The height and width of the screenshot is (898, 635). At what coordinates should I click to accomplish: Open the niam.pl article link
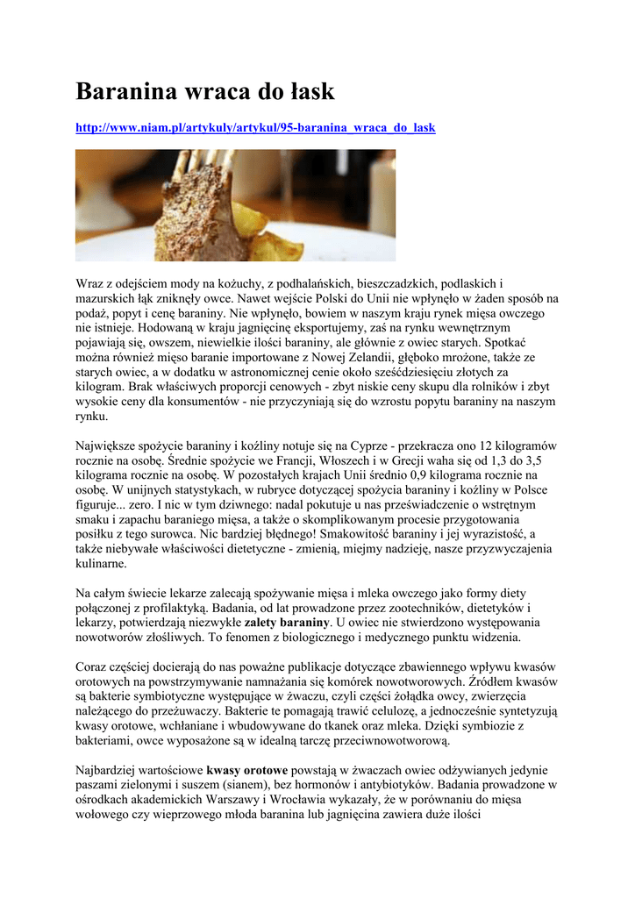tap(255, 128)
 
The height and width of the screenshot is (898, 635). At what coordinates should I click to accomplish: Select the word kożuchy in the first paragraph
tap(231, 284)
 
